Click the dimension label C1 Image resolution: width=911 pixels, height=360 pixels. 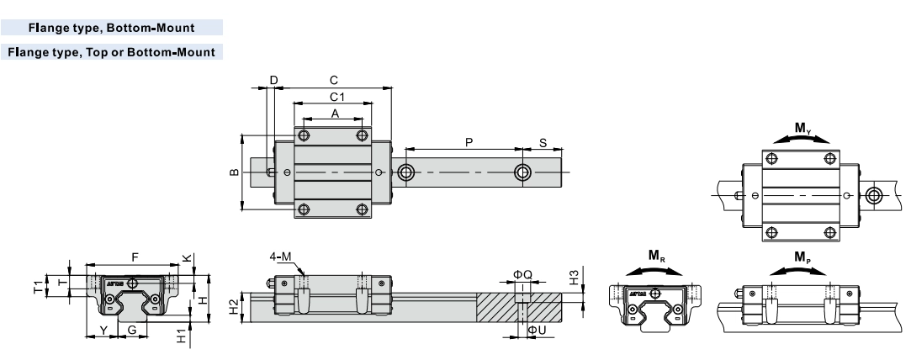(x=335, y=97)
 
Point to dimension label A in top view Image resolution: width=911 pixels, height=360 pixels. (x=334, y=113)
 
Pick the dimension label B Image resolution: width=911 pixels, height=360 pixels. (x=234, y=173)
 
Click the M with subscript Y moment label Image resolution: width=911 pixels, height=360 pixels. (x=803, y=130)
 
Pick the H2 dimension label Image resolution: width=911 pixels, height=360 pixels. (x=235, y=308)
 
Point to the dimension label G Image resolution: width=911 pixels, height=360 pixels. (x=131, y=330)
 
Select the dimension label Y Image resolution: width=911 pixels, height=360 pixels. (x=103, y=330)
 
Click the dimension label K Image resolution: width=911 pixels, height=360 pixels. (x=186, y=260)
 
